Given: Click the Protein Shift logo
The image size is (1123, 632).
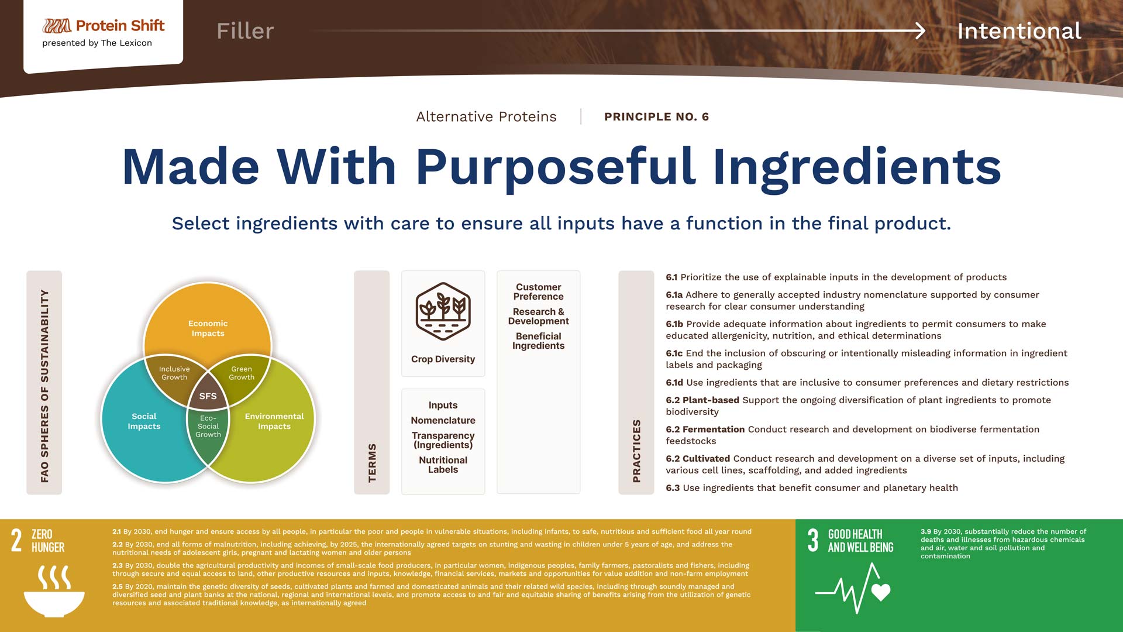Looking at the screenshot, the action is (103, 26).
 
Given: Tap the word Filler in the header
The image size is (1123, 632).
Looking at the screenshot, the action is (245, 31).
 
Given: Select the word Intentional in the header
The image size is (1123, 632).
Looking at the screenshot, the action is (1019, 31).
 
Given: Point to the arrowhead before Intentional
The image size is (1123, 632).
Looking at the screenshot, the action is (919, 30).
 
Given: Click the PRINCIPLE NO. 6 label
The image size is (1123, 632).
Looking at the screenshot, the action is (656, 116).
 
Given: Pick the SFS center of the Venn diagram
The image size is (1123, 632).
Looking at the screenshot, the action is (208, 396).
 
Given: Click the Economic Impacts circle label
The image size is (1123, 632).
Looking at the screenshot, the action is (208, 328).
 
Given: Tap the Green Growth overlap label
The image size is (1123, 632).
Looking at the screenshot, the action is (242, 373).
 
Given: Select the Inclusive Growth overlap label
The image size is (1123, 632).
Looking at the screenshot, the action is (174, 373).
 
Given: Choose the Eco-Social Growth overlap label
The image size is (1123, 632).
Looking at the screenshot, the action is (208, 427).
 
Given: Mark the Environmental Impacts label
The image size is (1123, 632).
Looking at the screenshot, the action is (274, 421).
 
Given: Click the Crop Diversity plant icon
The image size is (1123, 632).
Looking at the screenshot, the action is (443, 311).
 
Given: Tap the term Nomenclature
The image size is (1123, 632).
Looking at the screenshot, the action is (443, 420).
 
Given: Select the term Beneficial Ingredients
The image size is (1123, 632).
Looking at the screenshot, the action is (538, 341).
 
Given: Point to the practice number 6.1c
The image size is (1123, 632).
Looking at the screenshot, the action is (674, 353).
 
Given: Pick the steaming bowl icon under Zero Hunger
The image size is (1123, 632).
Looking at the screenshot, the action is (54, 591).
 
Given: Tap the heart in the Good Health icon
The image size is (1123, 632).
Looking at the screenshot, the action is (881, 592).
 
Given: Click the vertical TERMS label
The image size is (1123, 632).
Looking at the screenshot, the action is (372, 463).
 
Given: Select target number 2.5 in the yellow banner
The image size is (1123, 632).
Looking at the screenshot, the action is (117, 586).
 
